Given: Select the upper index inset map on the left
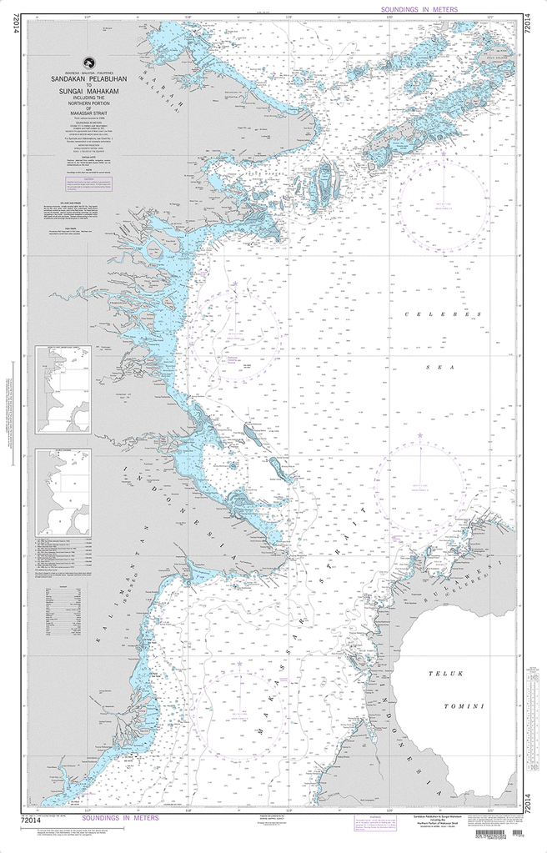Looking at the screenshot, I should [x=63, y=389].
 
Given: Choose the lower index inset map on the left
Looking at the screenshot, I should [x=63, y=492].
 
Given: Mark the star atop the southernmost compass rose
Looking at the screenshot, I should [x=239, y=664].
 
